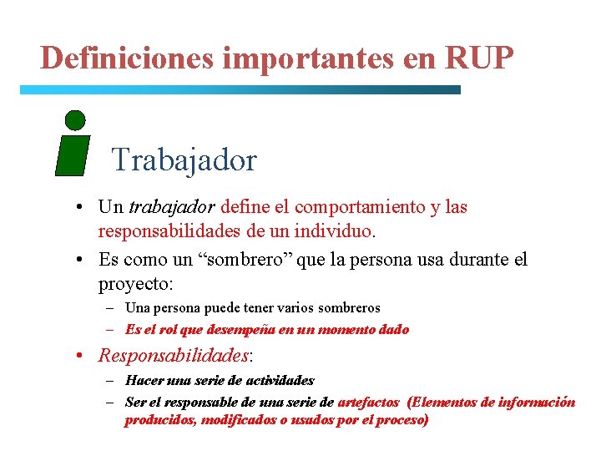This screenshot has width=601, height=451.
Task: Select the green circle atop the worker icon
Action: [75, 120]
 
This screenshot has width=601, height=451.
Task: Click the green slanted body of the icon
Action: [73, 155]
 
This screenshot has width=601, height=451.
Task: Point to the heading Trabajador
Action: [184, 159]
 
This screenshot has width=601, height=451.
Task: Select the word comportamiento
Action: [341, 206]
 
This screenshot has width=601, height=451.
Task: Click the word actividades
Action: [272, 380]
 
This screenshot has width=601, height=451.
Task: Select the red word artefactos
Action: [368, 402]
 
